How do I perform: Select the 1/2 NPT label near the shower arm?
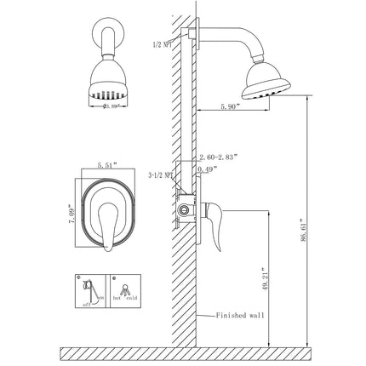coord(163,43)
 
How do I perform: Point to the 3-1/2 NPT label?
coord(160,175)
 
